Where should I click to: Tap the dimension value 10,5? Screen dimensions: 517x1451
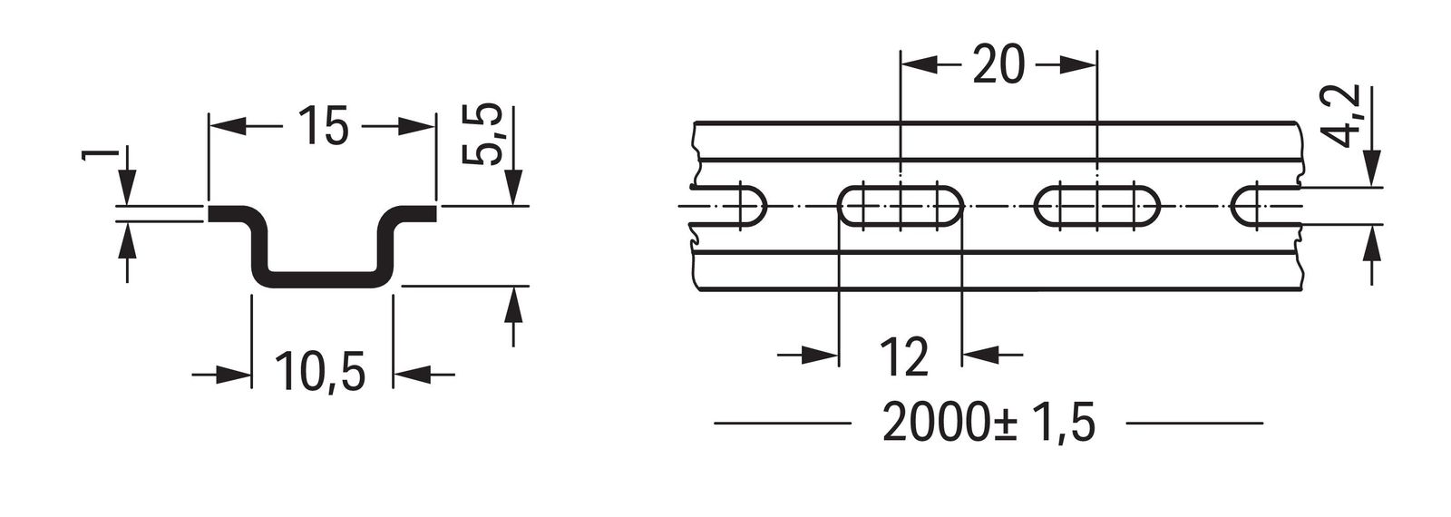[x=321, y=373]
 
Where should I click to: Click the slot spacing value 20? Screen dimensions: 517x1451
[x=998, y=64]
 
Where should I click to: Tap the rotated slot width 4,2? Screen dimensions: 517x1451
[x=1347, y=114]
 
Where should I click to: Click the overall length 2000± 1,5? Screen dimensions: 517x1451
[x=988, y=424]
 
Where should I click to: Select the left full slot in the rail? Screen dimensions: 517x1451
[x=899, y=208]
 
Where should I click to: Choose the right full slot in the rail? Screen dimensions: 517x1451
[x=1097, y=208]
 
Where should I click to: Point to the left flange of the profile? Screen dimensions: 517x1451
[x=231, y=214]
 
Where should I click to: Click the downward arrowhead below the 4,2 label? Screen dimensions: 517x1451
[x=1371, y=172]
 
